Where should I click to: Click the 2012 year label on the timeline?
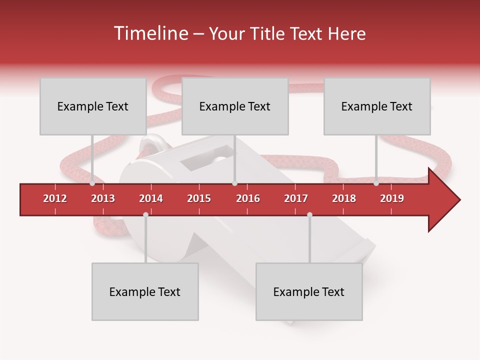point(55,198)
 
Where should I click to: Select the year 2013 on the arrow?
point(103,198)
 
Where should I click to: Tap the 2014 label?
point(151,198)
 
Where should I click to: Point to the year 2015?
point(199,198)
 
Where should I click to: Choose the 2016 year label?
point(248,198)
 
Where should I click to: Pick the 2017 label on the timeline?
point(296,198)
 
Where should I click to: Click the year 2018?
point(344,198)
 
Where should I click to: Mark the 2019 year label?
point(392,198)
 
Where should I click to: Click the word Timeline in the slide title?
point(149,33)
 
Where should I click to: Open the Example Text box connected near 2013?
point(93,106)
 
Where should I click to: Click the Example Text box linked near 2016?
point(235,106)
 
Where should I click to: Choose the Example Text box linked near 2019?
point(377,106)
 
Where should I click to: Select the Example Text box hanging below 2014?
point(145,291)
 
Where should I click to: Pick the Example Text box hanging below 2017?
point(309,291)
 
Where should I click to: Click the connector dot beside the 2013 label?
point(92,183)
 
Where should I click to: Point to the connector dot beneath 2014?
point(145,215)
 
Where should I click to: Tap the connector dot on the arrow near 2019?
point(376,183)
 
